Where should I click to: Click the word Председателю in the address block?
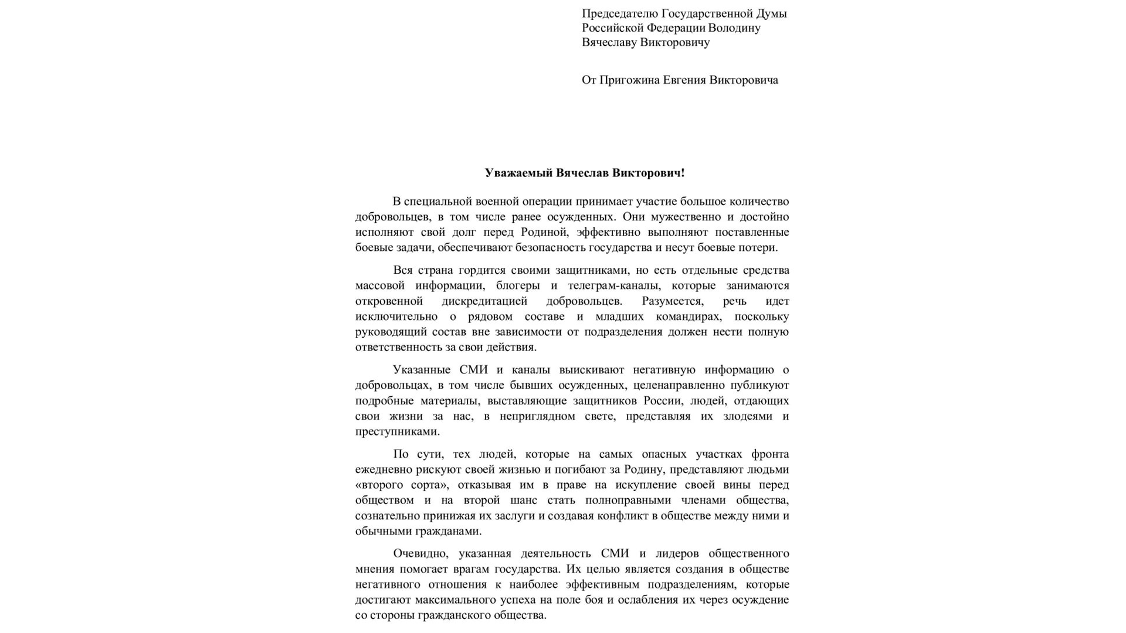(x=619, y=13)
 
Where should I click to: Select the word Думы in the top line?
(x=771, y=13)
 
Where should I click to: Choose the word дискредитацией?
(x=484, y=301)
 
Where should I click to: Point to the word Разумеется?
(x=674, y=301)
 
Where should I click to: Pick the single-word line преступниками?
(x=397, y=431)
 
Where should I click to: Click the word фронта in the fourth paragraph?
(x=770, y=454)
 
